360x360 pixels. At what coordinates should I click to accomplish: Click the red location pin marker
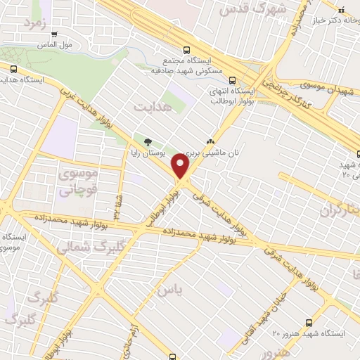pyautogui.click(x=181, y=166)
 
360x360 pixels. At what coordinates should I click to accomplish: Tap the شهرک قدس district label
pyautogui.click(x=244, y=9)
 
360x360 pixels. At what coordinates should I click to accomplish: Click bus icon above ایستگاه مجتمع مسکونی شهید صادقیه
pyautogui.click(x=186, y=50)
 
